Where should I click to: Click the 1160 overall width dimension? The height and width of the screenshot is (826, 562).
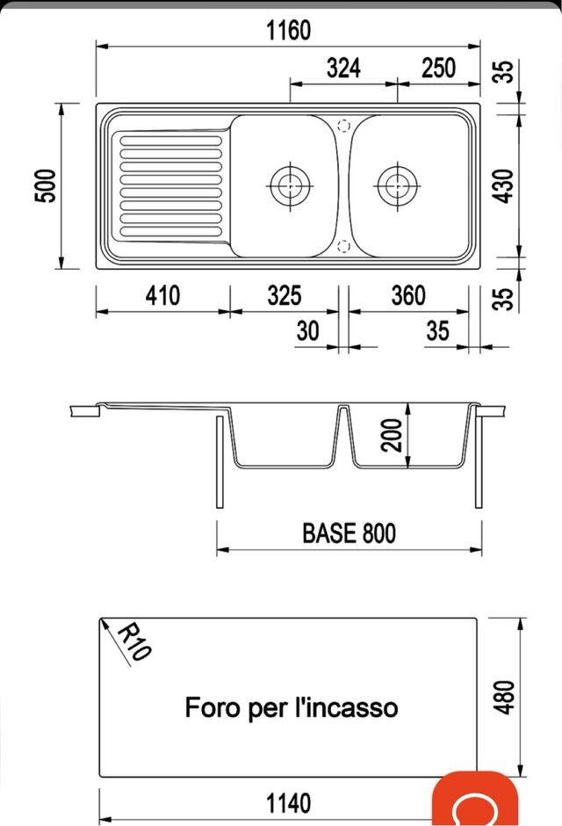[288, 31]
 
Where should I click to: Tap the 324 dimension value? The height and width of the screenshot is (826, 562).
[343, 69]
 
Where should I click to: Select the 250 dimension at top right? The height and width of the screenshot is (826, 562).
[438, 69]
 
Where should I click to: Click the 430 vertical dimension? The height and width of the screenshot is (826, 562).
[502, 185]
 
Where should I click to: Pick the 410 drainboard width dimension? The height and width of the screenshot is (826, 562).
[162, 295]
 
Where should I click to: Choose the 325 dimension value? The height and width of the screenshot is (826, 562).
[285, 295]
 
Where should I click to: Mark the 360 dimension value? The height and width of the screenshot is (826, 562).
[407, 295]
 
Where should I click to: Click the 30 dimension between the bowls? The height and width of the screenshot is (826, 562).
[308, 331]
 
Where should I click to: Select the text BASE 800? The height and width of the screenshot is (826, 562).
[349, 533]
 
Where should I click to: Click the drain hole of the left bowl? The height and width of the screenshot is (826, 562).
[288, 185]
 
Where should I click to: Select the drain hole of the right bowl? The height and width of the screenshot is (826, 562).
[396, 185]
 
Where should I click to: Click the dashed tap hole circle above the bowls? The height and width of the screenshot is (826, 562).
[343, 126]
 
